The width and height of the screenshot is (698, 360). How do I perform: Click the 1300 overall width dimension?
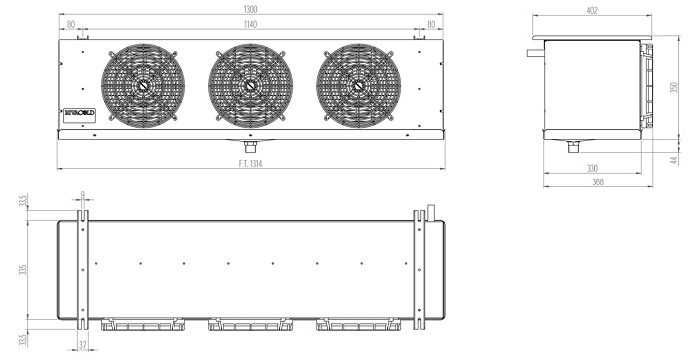[250, 9]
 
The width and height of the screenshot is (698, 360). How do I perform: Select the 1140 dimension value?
[250, 24]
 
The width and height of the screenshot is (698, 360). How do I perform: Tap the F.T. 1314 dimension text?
[250, 164]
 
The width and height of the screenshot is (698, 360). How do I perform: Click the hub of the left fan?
[143, 86]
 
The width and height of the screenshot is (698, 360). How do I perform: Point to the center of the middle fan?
[250, 86]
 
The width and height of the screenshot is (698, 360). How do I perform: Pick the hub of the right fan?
[358, 86]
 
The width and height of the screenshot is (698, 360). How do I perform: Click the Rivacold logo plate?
[79, 115]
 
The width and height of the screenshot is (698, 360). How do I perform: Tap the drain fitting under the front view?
[250, 146]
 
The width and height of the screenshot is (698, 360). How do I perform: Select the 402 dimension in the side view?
[592, 11]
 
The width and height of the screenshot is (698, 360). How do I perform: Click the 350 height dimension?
[673, 87]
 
